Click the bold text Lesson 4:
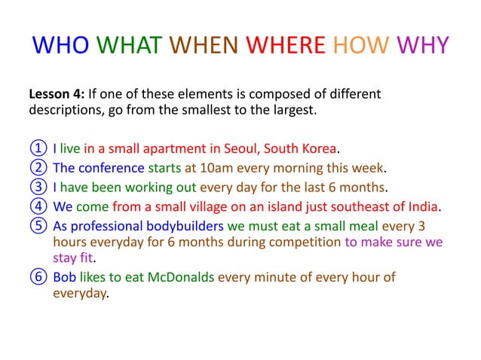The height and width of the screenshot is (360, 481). [56, 95]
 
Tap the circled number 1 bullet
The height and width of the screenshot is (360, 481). [37, 146]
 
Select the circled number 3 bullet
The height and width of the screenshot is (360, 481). [37, 187]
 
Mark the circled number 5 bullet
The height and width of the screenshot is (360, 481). [37, 226]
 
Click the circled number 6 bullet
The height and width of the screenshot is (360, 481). [37, 277]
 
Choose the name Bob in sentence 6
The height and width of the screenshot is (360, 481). [64, 277]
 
